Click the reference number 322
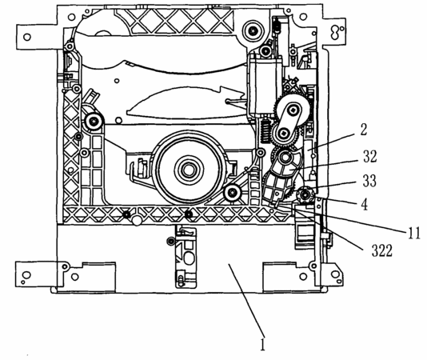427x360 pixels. (x=382, y=250)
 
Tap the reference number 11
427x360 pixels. (x=414, y=234)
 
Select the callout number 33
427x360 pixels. (x=369, y=181)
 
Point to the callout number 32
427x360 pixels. (x=369, y=157)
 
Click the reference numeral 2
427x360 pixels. (x=364, y=130)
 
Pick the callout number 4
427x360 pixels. (x=364, y=204)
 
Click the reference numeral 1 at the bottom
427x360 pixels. (x=262, y=345)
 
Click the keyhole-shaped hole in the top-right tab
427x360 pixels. (x=335, y=32)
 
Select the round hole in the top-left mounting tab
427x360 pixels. (x=27, y=37)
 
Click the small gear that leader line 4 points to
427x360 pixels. (x=305, y=195)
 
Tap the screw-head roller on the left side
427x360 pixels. (x=94, y=121)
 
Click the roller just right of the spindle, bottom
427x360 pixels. (x=232, y=193)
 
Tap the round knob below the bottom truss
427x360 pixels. (x=137, y=221)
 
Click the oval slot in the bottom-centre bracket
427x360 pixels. (x=189, y=258)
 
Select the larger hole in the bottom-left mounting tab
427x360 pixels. (x=26, y=274)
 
